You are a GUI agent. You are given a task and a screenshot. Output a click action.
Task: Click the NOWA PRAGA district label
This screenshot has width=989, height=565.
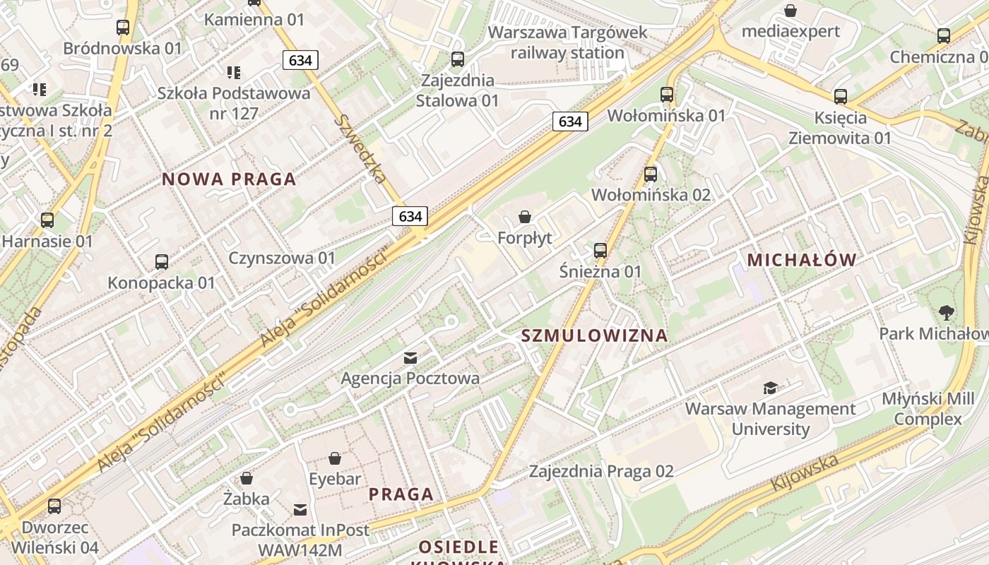pyautogui.click(x=229, y=179)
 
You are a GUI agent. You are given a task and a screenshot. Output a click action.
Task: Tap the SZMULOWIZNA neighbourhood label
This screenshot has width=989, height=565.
pyautogui.click(x=595, y=335)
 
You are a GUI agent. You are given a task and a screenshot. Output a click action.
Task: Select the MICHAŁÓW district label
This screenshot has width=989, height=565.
pyautogui.click(x=802, y=260)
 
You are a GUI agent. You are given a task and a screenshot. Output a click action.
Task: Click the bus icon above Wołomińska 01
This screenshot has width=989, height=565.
pyautogui.click(x=667, y=94)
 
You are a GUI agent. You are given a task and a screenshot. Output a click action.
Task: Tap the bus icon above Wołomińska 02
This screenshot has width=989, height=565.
pyautogui.click(x=651, y=174)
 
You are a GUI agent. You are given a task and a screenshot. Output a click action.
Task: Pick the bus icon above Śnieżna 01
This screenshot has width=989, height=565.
pyautogui.click(x=600, y=250)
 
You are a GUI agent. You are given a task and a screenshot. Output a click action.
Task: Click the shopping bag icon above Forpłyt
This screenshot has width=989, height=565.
pyautogui.click(x=525, y=217)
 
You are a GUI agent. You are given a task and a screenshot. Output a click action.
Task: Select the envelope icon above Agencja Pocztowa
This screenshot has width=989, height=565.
pyautogui.click(x=410, y=358)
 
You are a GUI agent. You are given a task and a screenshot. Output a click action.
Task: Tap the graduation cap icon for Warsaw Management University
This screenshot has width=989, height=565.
pyautogui.click(x=770, y=388)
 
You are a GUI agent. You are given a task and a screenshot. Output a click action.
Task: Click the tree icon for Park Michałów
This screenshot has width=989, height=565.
pyautogui.click(x=946, y=312)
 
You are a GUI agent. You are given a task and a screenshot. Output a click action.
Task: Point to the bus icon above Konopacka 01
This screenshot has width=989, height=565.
pyautogui.click(x=162, y=262)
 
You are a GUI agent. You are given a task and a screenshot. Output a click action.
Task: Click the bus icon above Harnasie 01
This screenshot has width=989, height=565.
pyautogui.click(x=47, y=220)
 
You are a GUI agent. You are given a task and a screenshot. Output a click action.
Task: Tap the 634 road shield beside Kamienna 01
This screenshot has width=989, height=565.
pyautogui.click(x=300, y=60)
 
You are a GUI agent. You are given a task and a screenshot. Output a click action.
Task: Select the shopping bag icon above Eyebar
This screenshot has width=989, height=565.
pyautogui.click(x=335, y=458)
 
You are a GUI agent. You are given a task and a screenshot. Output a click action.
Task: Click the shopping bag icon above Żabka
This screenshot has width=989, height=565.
pyautogui.click(x=247, y=478)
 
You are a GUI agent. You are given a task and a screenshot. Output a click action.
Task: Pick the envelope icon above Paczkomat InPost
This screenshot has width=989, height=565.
pyautogui.click(x=300, y=509)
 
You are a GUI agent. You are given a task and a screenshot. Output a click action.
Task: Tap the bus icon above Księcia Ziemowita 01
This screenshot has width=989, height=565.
pyautogui.click(x=841, y=97)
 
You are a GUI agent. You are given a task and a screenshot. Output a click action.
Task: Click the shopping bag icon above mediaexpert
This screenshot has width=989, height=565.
pyautogui.click(x=790, y=11)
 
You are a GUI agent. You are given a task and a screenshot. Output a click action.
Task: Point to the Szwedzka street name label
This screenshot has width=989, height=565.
pyautogui.click(x=362, y=148)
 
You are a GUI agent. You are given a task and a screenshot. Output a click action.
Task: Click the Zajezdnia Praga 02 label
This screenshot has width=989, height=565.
pyautogui.click(x=601, y=471)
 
